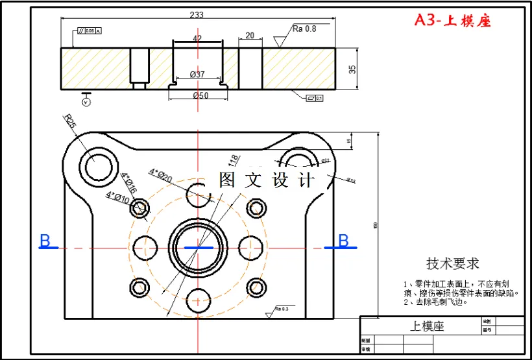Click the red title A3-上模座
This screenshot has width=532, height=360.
(x=453, y=21)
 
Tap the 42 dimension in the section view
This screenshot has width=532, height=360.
(x=197, y=38)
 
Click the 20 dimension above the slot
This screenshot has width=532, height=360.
(x=250, y=36)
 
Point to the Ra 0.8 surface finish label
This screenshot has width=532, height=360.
(x=304, y=29)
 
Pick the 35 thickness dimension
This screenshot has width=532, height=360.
(x=352, y=69)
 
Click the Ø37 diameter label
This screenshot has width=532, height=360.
(x=197, y=75)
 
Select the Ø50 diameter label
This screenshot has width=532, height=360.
(x=200, y=96)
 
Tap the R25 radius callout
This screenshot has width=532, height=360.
(x=71, y=121)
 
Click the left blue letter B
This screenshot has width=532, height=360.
(x=45, y=241)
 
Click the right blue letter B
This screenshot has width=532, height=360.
(x=343, y=241)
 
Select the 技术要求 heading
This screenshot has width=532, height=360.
(x=452, y=263)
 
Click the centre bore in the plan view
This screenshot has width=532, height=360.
(x=197, y=247)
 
